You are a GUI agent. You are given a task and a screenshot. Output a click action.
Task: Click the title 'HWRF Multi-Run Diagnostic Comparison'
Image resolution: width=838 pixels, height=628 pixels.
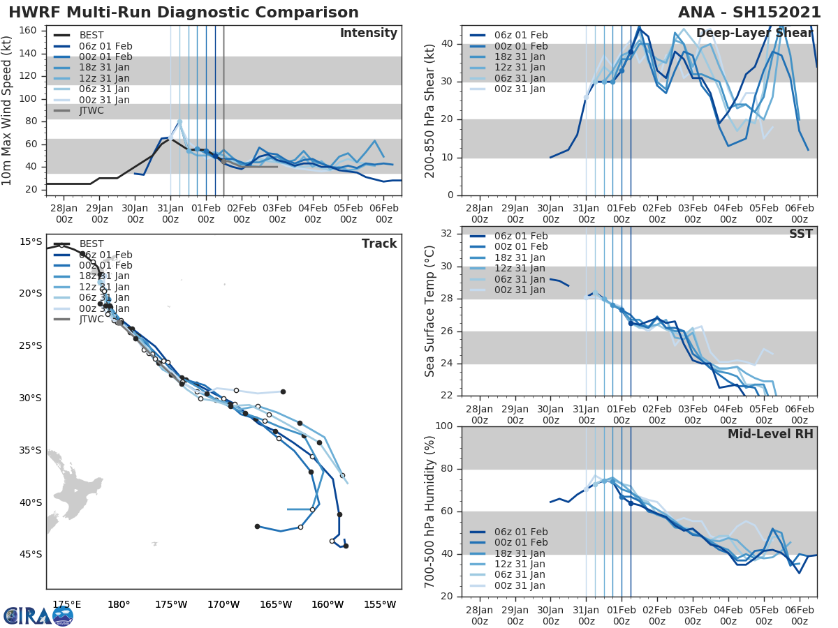(184, 13)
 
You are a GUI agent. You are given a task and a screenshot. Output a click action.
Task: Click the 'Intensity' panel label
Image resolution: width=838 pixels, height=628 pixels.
(368, 33)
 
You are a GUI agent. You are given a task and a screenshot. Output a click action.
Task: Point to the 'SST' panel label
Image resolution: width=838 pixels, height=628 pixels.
(801, 234)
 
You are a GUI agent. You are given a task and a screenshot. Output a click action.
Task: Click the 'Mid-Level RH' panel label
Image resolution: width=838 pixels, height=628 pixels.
(770, 434)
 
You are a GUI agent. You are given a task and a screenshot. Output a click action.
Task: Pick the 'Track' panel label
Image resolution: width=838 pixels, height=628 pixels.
(379, 244)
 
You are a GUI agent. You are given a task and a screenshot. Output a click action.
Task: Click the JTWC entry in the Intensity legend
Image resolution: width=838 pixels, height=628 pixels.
(91, 110)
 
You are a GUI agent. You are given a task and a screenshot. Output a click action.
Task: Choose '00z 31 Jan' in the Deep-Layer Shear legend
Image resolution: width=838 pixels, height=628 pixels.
(517, 89)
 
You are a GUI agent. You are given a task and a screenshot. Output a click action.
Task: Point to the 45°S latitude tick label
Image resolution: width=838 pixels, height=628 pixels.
(30, 555)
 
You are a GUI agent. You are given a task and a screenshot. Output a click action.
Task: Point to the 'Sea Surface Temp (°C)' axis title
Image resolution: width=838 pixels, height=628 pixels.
(430, 311)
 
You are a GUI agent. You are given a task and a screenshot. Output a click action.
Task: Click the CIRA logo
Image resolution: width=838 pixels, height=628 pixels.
(38, 615)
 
